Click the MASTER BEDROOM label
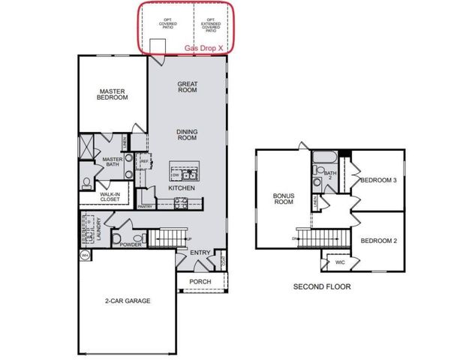(x=111, y=93)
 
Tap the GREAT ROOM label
(x=187, y=87)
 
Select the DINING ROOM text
(x=187, y=134)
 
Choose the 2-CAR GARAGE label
(x=128, y=301)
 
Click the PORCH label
(x=200, y=282)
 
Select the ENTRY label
(x=200, y=253)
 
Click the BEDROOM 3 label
(x=378, y=181)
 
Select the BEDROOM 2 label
(x=378, y=241)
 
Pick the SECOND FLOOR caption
(x=321, y=286)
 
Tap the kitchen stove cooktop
(x=182, y=203)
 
